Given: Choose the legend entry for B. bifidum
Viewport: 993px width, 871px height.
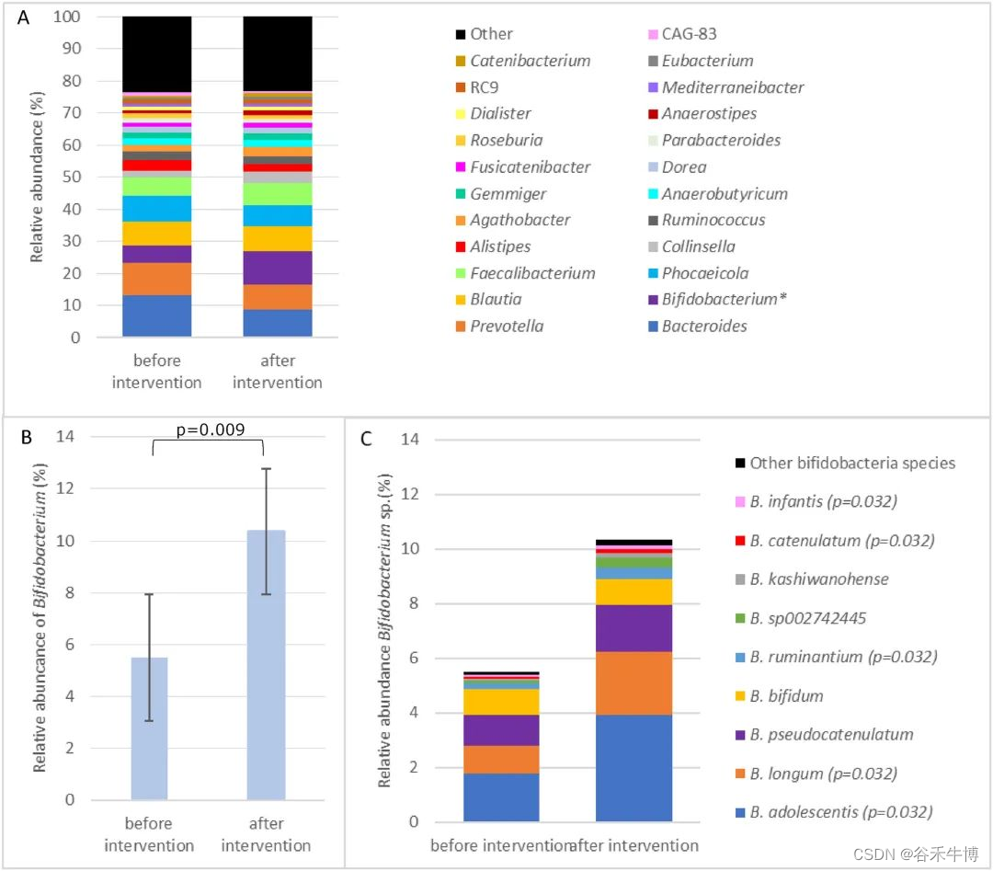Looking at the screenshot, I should (x=786, y=696).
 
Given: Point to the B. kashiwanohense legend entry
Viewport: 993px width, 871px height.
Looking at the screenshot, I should (x=818, y=579).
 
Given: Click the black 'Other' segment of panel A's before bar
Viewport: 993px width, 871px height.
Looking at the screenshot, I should (x=156, y=54).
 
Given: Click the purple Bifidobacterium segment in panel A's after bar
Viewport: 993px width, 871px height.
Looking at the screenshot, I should (x=277, y=268).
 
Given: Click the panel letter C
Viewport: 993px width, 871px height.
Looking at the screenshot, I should (x=366, y=439).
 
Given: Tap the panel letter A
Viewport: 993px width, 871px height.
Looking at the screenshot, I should (x=23, y=17).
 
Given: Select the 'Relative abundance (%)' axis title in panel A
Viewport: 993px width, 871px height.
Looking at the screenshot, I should (x=38, y=177).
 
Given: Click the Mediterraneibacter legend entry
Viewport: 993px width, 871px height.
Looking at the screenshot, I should (x=733, y=87).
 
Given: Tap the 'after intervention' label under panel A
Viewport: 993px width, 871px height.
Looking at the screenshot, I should (x=277, y=372).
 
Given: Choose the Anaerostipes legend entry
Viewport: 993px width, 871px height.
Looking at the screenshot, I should (x=710, y=114).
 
